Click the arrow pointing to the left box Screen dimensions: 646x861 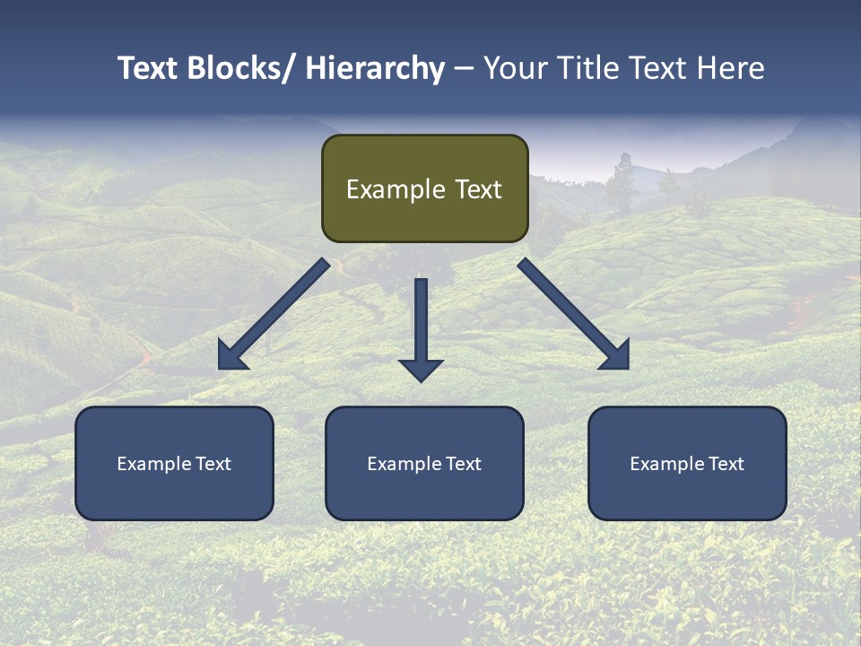coord(274,314)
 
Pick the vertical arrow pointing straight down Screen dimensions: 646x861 coord(421,327)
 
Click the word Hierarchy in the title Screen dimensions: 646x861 coord(375,68)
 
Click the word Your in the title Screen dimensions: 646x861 coord(515,68)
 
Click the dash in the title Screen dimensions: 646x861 coord(464,68)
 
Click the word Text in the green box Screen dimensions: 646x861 coord(476,189)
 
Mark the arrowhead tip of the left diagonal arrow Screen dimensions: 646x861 coord(220,369)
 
